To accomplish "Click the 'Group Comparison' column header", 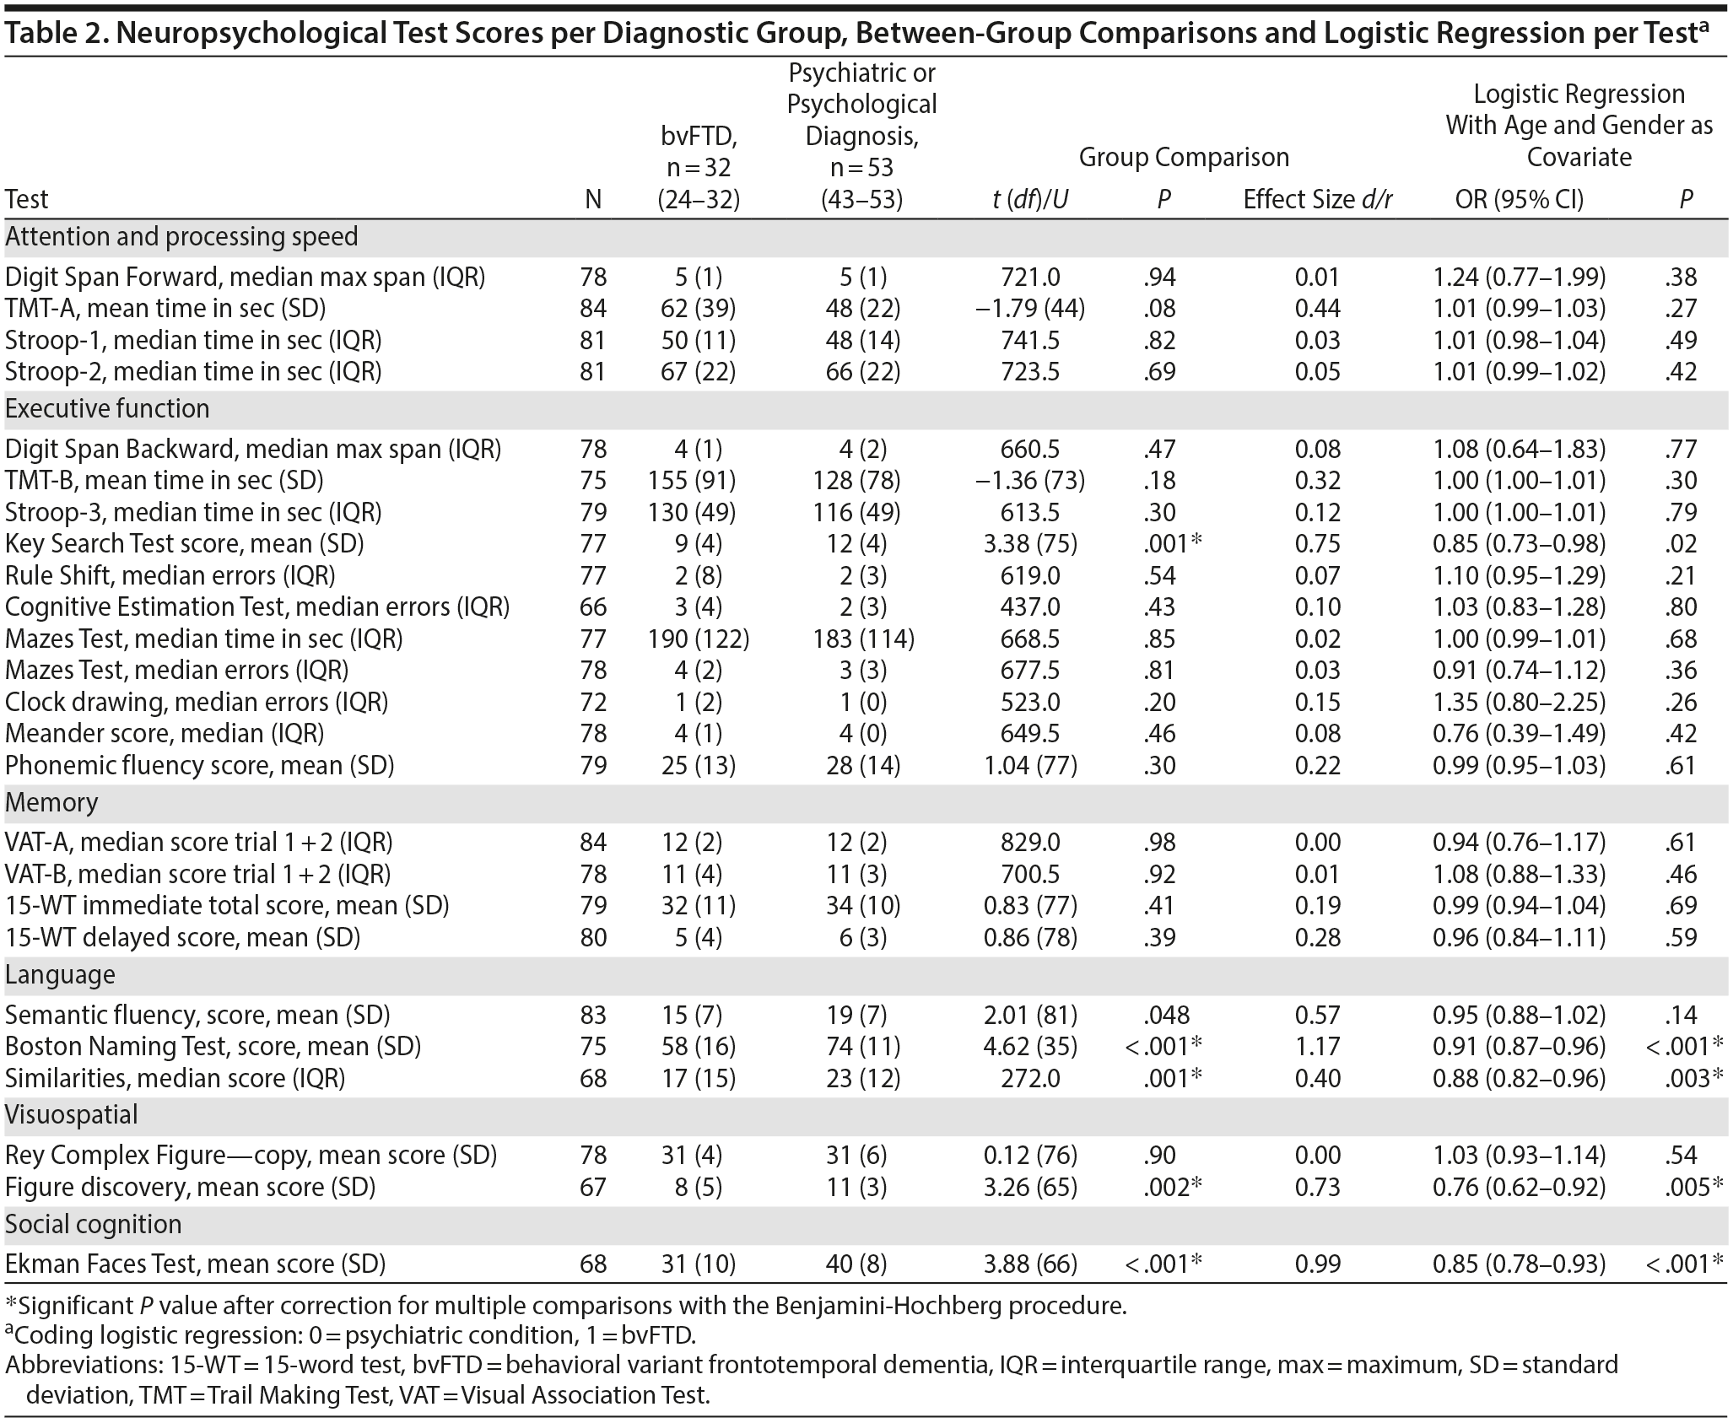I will tap(1184, 158).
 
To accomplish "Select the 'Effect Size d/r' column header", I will tap(1317, 200).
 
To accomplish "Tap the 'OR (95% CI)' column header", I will tap(1519, 200).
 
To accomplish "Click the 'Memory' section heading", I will tap(51, 802).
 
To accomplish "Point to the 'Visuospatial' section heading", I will tap(72, 1115).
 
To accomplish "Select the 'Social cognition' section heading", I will tap(93, 1225).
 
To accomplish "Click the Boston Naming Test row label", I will tap(213, 1047).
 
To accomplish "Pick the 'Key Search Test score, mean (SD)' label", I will tap(184, 544).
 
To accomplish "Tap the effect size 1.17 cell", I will tap(1317, 1047).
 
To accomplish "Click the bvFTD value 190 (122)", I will tap(699, 639).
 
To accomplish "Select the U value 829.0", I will tap(1030, 843).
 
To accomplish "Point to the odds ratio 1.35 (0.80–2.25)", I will tap(1519, 703).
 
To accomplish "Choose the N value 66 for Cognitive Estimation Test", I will tap(593, 607).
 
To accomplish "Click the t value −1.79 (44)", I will tap(1030, 309).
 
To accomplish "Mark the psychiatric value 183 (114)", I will tap(861, 639).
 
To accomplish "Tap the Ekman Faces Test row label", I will tap(195, 1264).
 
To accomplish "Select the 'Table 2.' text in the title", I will tap(54, 33).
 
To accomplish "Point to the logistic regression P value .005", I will tap(1685, 1188).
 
